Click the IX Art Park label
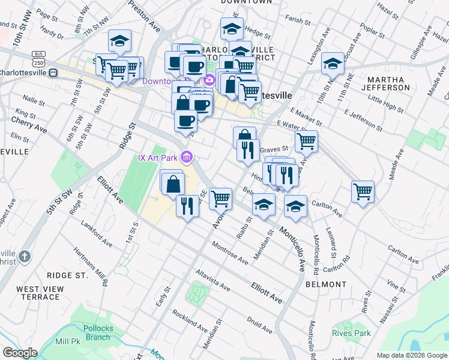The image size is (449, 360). [x=158, y=158]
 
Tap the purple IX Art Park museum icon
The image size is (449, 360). [x=187, y=158]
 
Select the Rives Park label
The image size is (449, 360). [x=351, y=333]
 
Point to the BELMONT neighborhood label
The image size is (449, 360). [x=325, y=284]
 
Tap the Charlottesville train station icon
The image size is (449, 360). [x=53, y=73]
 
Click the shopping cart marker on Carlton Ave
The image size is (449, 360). [x=363, y=192]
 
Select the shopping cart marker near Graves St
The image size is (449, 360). [x=306, y=142]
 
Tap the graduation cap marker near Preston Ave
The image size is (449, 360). [x=119, y=41]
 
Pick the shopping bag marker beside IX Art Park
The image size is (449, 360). [x=172, y=182]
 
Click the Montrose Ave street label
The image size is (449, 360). [x=231, y=253]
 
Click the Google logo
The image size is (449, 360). [x=20, y=353]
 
